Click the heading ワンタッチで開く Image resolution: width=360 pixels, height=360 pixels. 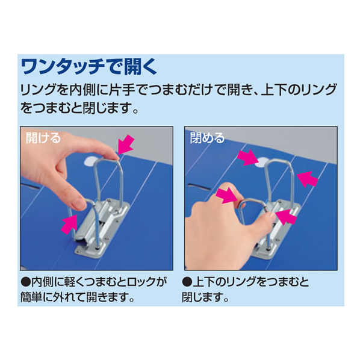pos(89,67)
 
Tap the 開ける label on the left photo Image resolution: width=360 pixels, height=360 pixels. pos(43,138)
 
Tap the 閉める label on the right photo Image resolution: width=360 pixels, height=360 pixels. pos(207,138)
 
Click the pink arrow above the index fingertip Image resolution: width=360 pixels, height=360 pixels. pos(126,144)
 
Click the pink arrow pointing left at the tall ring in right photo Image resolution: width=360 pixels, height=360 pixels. pos(308,179)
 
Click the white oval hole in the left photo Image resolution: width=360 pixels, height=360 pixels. pos(92,161)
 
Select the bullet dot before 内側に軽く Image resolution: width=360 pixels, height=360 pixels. pos(25,282)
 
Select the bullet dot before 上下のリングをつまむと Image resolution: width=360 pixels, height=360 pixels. pos(187,282)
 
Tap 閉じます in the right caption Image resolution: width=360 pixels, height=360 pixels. pos(202,297)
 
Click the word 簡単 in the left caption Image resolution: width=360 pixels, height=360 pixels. pos(31,297)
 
